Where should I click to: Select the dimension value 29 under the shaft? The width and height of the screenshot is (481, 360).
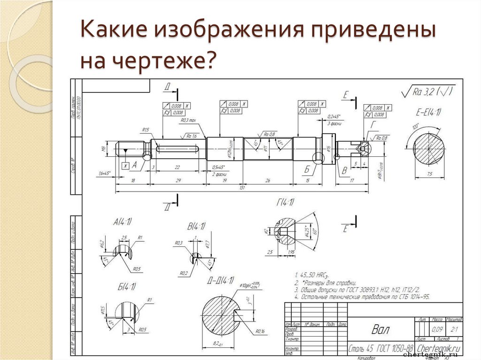(178, 180)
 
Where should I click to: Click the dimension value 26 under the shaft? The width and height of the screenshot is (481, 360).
(267, 180)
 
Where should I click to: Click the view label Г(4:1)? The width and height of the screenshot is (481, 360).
(285, 202)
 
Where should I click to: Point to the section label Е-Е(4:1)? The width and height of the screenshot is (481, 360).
(429, 113)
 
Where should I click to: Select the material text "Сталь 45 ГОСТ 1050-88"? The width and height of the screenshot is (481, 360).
(380, 349)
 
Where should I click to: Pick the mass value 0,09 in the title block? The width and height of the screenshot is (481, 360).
(437, 329)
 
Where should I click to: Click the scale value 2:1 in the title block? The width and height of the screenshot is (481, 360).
(454, 329)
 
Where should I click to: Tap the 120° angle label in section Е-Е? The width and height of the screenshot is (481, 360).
(415, 127)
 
